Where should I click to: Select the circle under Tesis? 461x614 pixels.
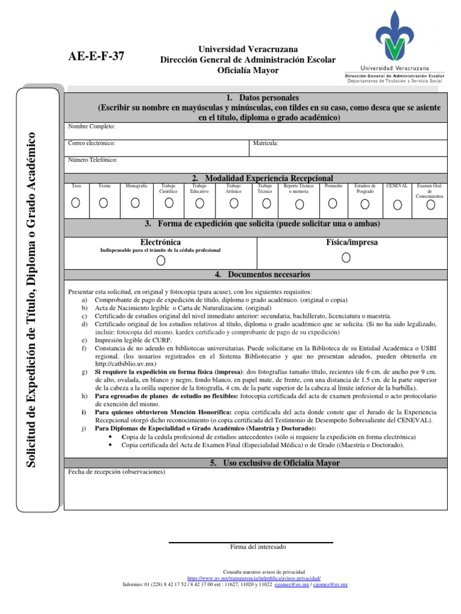pos(76,203)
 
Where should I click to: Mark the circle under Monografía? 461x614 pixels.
pos(136,203)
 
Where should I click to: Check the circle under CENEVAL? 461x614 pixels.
pos(397,205)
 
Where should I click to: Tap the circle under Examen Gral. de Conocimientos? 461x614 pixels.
pos(430,205)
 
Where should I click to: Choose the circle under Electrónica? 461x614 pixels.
pos(160,260)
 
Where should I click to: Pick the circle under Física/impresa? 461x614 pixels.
pos(346,257)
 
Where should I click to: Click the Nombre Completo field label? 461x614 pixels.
pos(91,127)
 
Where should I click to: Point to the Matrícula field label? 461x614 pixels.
pos(266,144)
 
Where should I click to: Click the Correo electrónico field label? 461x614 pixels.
pos(92,144)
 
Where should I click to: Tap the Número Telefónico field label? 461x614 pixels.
pos(93,161)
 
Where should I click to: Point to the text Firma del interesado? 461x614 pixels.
pos(250,547)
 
